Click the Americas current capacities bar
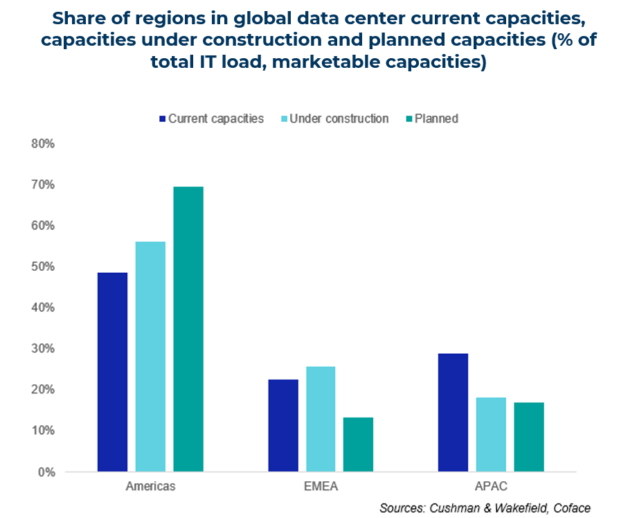(x=112, y=372)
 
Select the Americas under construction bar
(x=150, y=357)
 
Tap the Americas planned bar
(x=188, y=329)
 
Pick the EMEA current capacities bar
(x=282, y=425)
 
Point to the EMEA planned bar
(x=358, y=444)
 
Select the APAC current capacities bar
(x=453, y=412)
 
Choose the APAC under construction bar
(x=491, y=434)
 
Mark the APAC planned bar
(x=528, y=436)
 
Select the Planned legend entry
(x=436, y=118)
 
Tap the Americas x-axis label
(x=150, y=486)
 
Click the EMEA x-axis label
(x=321, y=486)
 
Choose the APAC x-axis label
(x=490, y=486)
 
